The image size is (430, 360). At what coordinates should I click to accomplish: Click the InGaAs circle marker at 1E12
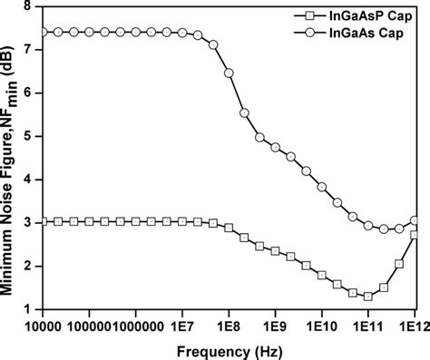pos(415,220)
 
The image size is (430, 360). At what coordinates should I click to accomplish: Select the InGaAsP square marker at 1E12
pos(415,235)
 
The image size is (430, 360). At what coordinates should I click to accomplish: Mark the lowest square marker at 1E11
pos(368,296)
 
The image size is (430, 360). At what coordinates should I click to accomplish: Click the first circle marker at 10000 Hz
pos(44,32)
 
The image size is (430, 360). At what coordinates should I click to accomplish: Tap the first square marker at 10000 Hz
pos(44,221)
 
